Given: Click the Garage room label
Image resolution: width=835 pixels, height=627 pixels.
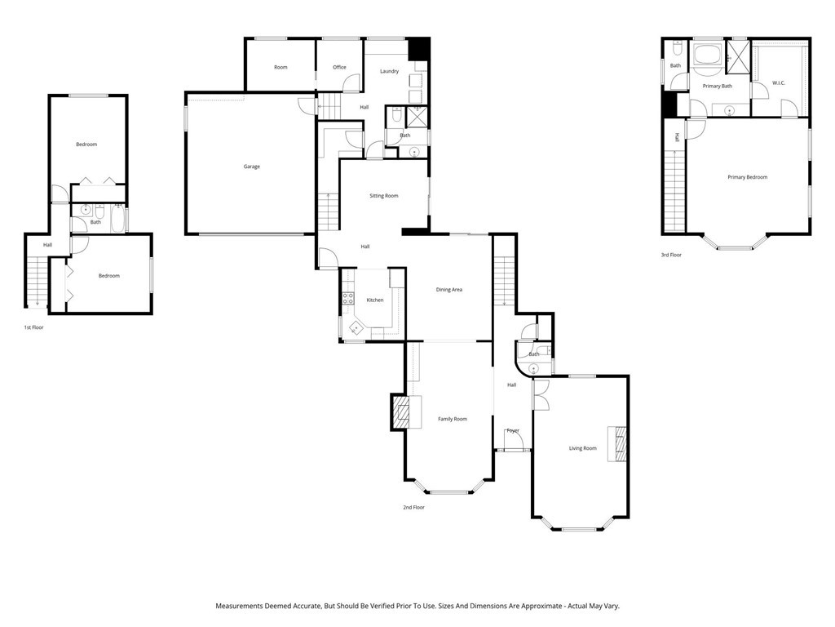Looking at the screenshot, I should (x=251, y=167).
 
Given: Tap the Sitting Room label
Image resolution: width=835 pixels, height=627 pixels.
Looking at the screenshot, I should (x=383, y=196).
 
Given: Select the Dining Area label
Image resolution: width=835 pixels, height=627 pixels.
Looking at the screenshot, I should (x=448, y=289).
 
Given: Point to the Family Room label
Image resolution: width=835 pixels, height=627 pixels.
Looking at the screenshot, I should (x=452, y=419).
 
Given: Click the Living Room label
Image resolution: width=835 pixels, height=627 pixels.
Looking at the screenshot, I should (x=582, y=448).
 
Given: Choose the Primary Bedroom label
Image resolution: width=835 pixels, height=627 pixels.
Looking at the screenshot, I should (x=747, y=177).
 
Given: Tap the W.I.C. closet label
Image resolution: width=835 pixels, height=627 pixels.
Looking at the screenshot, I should (x=778, y=83).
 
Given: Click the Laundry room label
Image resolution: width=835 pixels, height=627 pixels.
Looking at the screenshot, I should (x=389, y=71).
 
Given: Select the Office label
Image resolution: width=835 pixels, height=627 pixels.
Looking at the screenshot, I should (x=339, y=67).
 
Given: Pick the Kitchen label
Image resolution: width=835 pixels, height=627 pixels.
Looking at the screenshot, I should (x=374, y=300).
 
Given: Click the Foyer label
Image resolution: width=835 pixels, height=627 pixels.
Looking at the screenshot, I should (x=513, y=430).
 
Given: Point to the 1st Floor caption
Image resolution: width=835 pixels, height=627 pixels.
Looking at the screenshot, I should (x=33, y=327).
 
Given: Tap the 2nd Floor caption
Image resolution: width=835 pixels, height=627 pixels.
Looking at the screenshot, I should (x=413, y=507).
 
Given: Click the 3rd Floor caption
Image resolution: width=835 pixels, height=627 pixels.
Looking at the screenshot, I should (x=671, y=255).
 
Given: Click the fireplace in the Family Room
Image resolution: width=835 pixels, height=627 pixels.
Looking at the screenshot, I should (x=400, y=412).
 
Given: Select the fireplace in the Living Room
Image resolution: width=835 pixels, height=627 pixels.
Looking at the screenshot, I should (x=620, y=444).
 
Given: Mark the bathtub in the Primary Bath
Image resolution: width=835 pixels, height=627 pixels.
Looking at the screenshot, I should (x=706, y=57).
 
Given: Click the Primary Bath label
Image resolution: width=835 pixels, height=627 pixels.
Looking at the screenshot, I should (x=717, y=86).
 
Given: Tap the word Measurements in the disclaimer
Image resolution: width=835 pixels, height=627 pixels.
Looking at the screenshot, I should (x=239, y=607).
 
